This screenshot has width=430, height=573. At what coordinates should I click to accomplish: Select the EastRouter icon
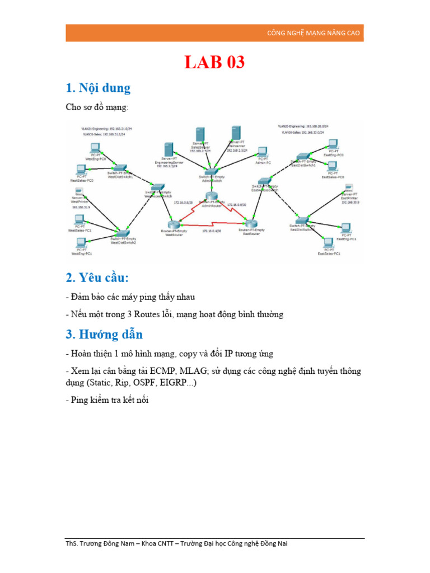click(x=250, y=223)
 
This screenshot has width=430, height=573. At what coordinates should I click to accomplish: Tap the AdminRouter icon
click(x=211, y=197)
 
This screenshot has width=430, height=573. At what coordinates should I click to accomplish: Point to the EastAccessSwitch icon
click(x=264, y=181)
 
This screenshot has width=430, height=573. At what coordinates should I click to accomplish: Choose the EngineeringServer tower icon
click(x=167, y=151)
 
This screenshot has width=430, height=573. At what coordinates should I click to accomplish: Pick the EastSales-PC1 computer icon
click(x=329, y=243)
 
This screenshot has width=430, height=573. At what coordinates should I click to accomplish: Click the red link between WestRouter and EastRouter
click(x=211, y=226)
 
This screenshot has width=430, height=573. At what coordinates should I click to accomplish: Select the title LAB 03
click(x=214, y=63)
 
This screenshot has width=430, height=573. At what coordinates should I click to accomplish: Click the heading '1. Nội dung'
click(x=98, y=88)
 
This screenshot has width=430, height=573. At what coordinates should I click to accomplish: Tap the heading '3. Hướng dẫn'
click(x=104, y=334)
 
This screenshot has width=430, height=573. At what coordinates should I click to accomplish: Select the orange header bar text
click(x=314, y=34)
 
